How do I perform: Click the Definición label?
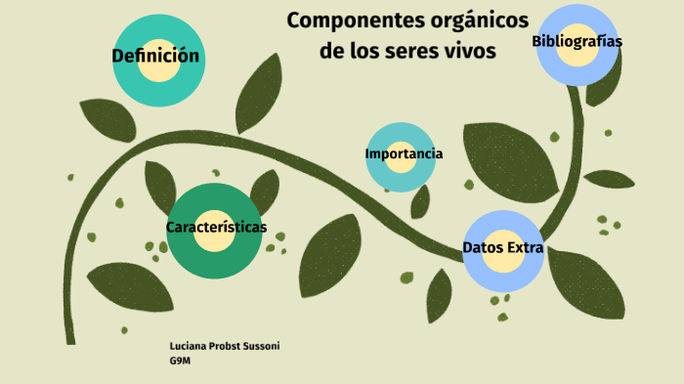coord(155,57)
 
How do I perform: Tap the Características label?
coord(216,227)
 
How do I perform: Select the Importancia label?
coord(404,154)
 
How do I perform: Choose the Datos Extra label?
coord(502,248)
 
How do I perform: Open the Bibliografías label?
coord(577,41)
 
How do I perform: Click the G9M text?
coord(179,360)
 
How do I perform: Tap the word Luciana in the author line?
coord(189,347)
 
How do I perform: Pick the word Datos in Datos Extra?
coord(481,248)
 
